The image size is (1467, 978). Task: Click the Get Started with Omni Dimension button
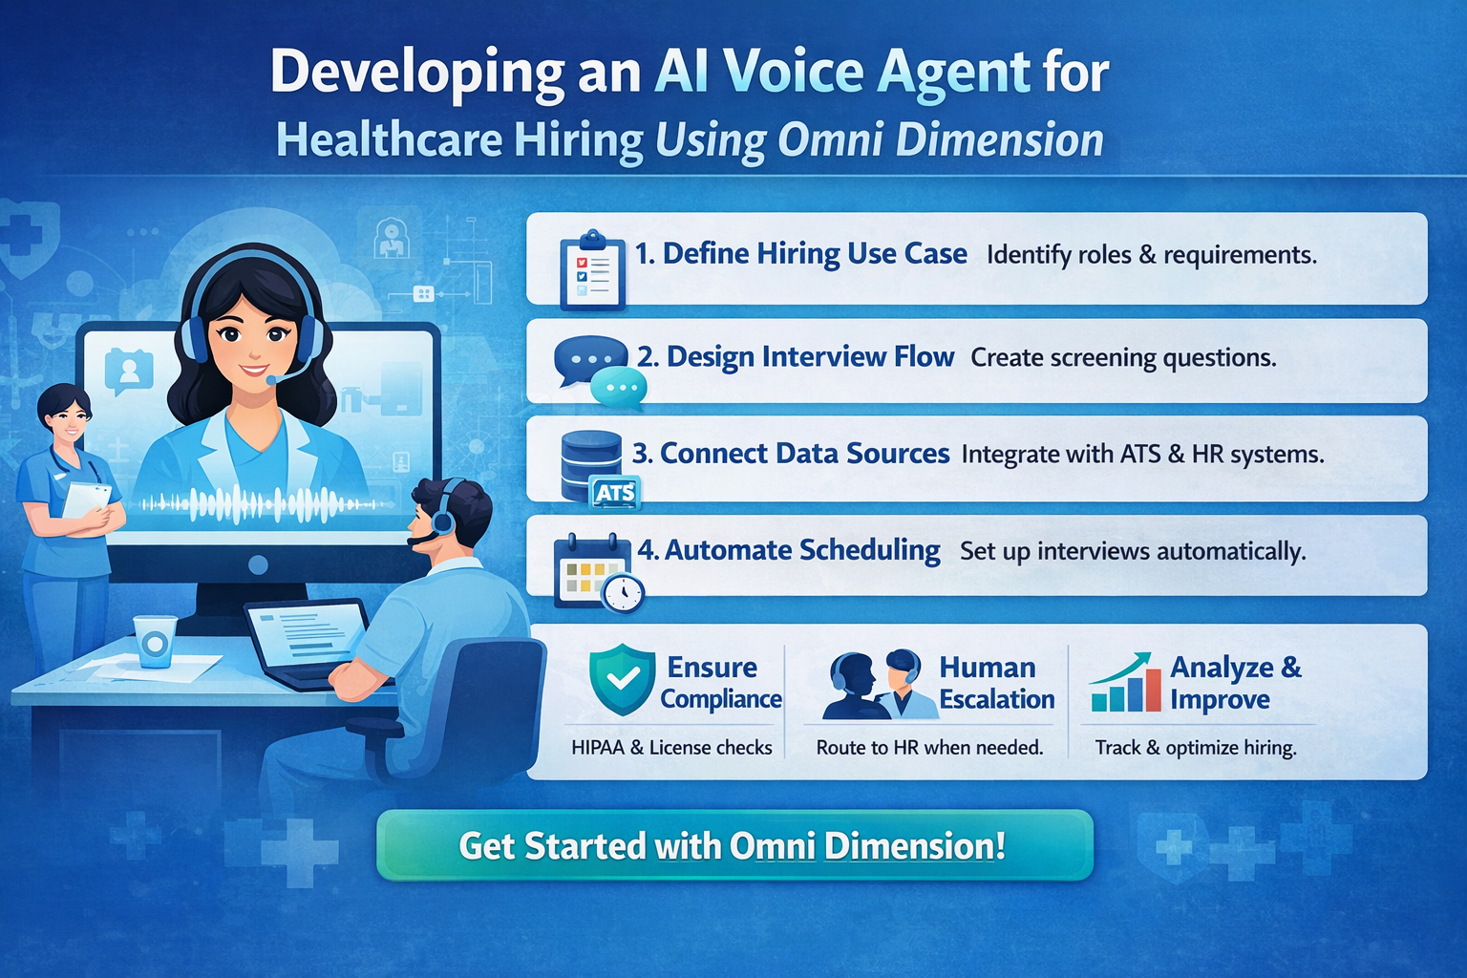coord(733,845)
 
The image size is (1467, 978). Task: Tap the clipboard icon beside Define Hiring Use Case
coord(592,270)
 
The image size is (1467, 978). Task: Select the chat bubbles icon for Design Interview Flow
coord(600,371)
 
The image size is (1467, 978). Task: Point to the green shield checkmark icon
coord(622,679)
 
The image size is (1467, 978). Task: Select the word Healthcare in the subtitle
coord(389,140)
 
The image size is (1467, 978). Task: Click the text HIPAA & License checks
coord(671,748)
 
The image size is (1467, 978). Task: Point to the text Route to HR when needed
coord(929,748)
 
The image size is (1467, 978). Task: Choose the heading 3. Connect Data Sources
coord(791,454)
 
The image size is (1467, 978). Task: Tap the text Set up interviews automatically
coord(1133,552)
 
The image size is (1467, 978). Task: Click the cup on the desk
coord(155,640)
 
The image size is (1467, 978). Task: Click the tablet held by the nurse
coord(86,500)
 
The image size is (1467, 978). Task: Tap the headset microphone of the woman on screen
coord(272,379)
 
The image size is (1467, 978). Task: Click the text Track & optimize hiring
coord(1196,748)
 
